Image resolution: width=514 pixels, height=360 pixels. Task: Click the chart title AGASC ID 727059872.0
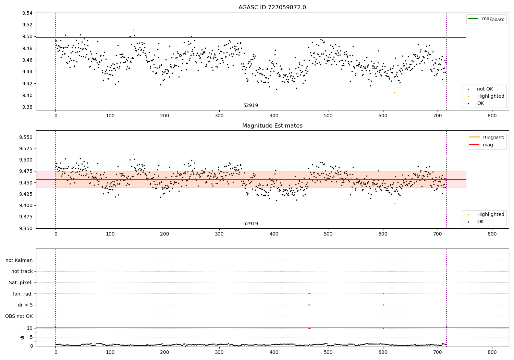[x=272, y=8]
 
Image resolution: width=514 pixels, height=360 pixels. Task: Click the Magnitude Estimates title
[x=272, y=126]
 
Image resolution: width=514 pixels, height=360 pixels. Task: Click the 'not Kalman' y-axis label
[x=19, y=260]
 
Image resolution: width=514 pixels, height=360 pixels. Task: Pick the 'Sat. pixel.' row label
[x=21, y=283]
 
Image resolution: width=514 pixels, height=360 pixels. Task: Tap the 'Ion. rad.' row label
[x=23, y=294]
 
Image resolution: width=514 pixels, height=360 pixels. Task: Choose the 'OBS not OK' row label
[x=19, y=316]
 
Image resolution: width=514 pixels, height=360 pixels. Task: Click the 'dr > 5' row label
[x=25, y=305]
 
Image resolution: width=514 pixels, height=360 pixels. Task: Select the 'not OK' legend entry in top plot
[x=485, y=89]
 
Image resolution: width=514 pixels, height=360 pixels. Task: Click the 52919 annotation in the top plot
[x=250, y=105]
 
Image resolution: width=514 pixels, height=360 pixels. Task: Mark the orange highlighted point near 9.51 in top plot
[x=134, y=30]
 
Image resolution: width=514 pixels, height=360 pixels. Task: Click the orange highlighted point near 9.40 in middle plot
[x=394, y=203]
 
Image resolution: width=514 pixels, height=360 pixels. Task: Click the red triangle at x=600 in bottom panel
[x=383, y=328]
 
